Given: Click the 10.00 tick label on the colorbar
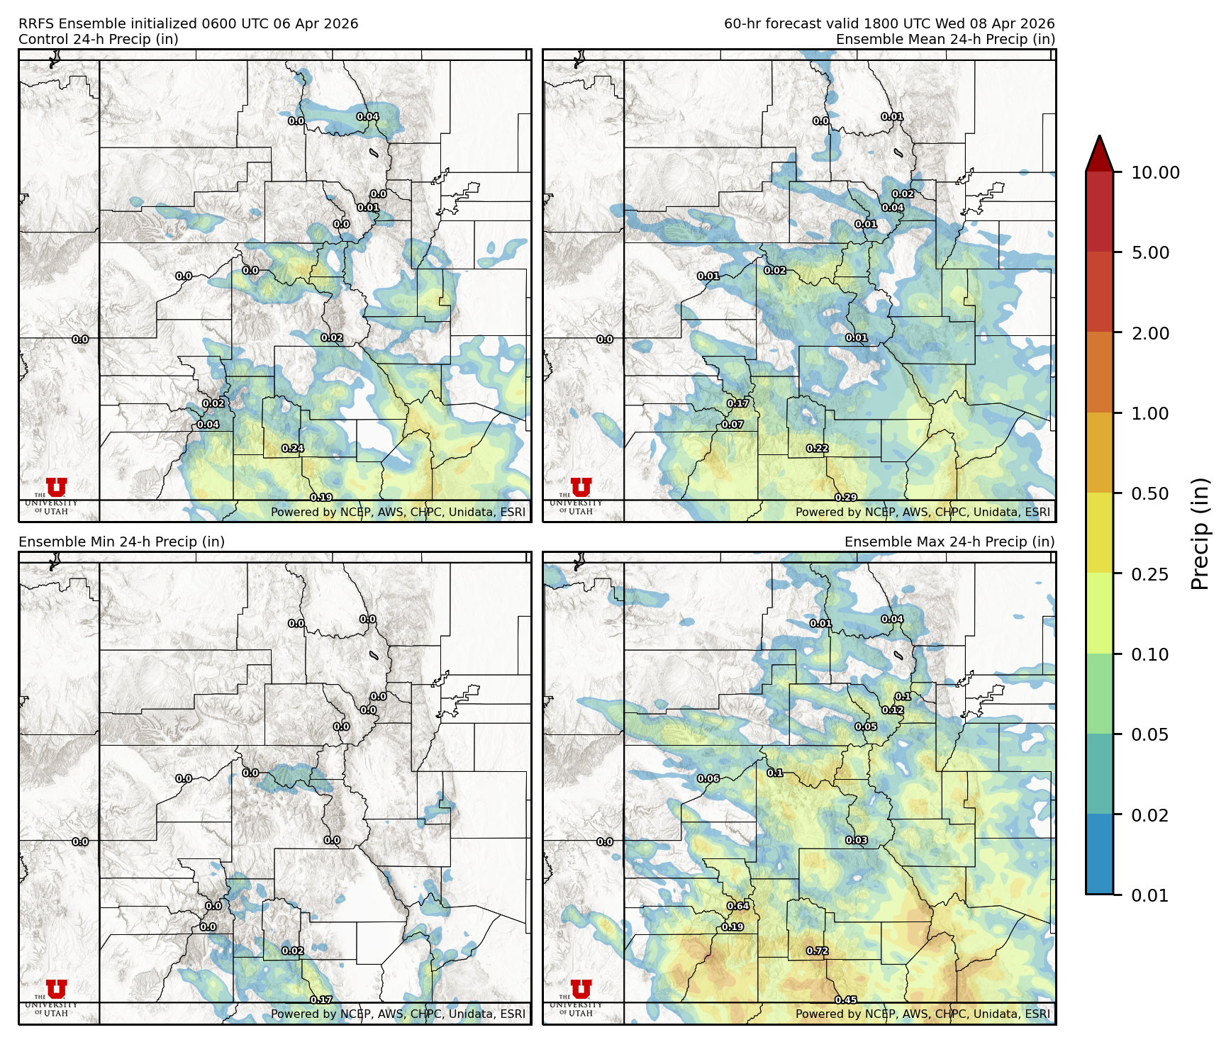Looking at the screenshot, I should point(1155,172).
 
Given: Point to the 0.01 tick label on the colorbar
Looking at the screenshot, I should point(1150,895).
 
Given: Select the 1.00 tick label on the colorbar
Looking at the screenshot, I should point(1150,413).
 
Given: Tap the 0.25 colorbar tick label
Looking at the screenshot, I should point(1150,574).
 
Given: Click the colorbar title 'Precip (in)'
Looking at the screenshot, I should point(1200,534).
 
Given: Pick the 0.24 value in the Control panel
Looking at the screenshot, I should point(293,449).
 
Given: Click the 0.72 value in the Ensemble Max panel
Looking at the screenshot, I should point(818,951).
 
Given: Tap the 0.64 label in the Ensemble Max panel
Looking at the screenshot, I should point(738,906).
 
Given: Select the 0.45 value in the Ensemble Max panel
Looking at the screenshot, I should point(846,1000).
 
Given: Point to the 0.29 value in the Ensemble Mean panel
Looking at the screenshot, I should point(846,498).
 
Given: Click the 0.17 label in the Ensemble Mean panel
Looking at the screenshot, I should point(738,403).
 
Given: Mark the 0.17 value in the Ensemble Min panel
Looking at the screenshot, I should point(321,1000).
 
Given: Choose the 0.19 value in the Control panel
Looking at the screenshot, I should point(321,498).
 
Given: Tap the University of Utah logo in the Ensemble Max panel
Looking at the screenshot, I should point(580,997).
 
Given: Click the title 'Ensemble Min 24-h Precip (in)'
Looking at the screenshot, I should point(121,542).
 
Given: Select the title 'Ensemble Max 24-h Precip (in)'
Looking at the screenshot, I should point(949,542).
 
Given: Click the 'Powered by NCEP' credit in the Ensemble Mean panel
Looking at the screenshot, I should point(923,512).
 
